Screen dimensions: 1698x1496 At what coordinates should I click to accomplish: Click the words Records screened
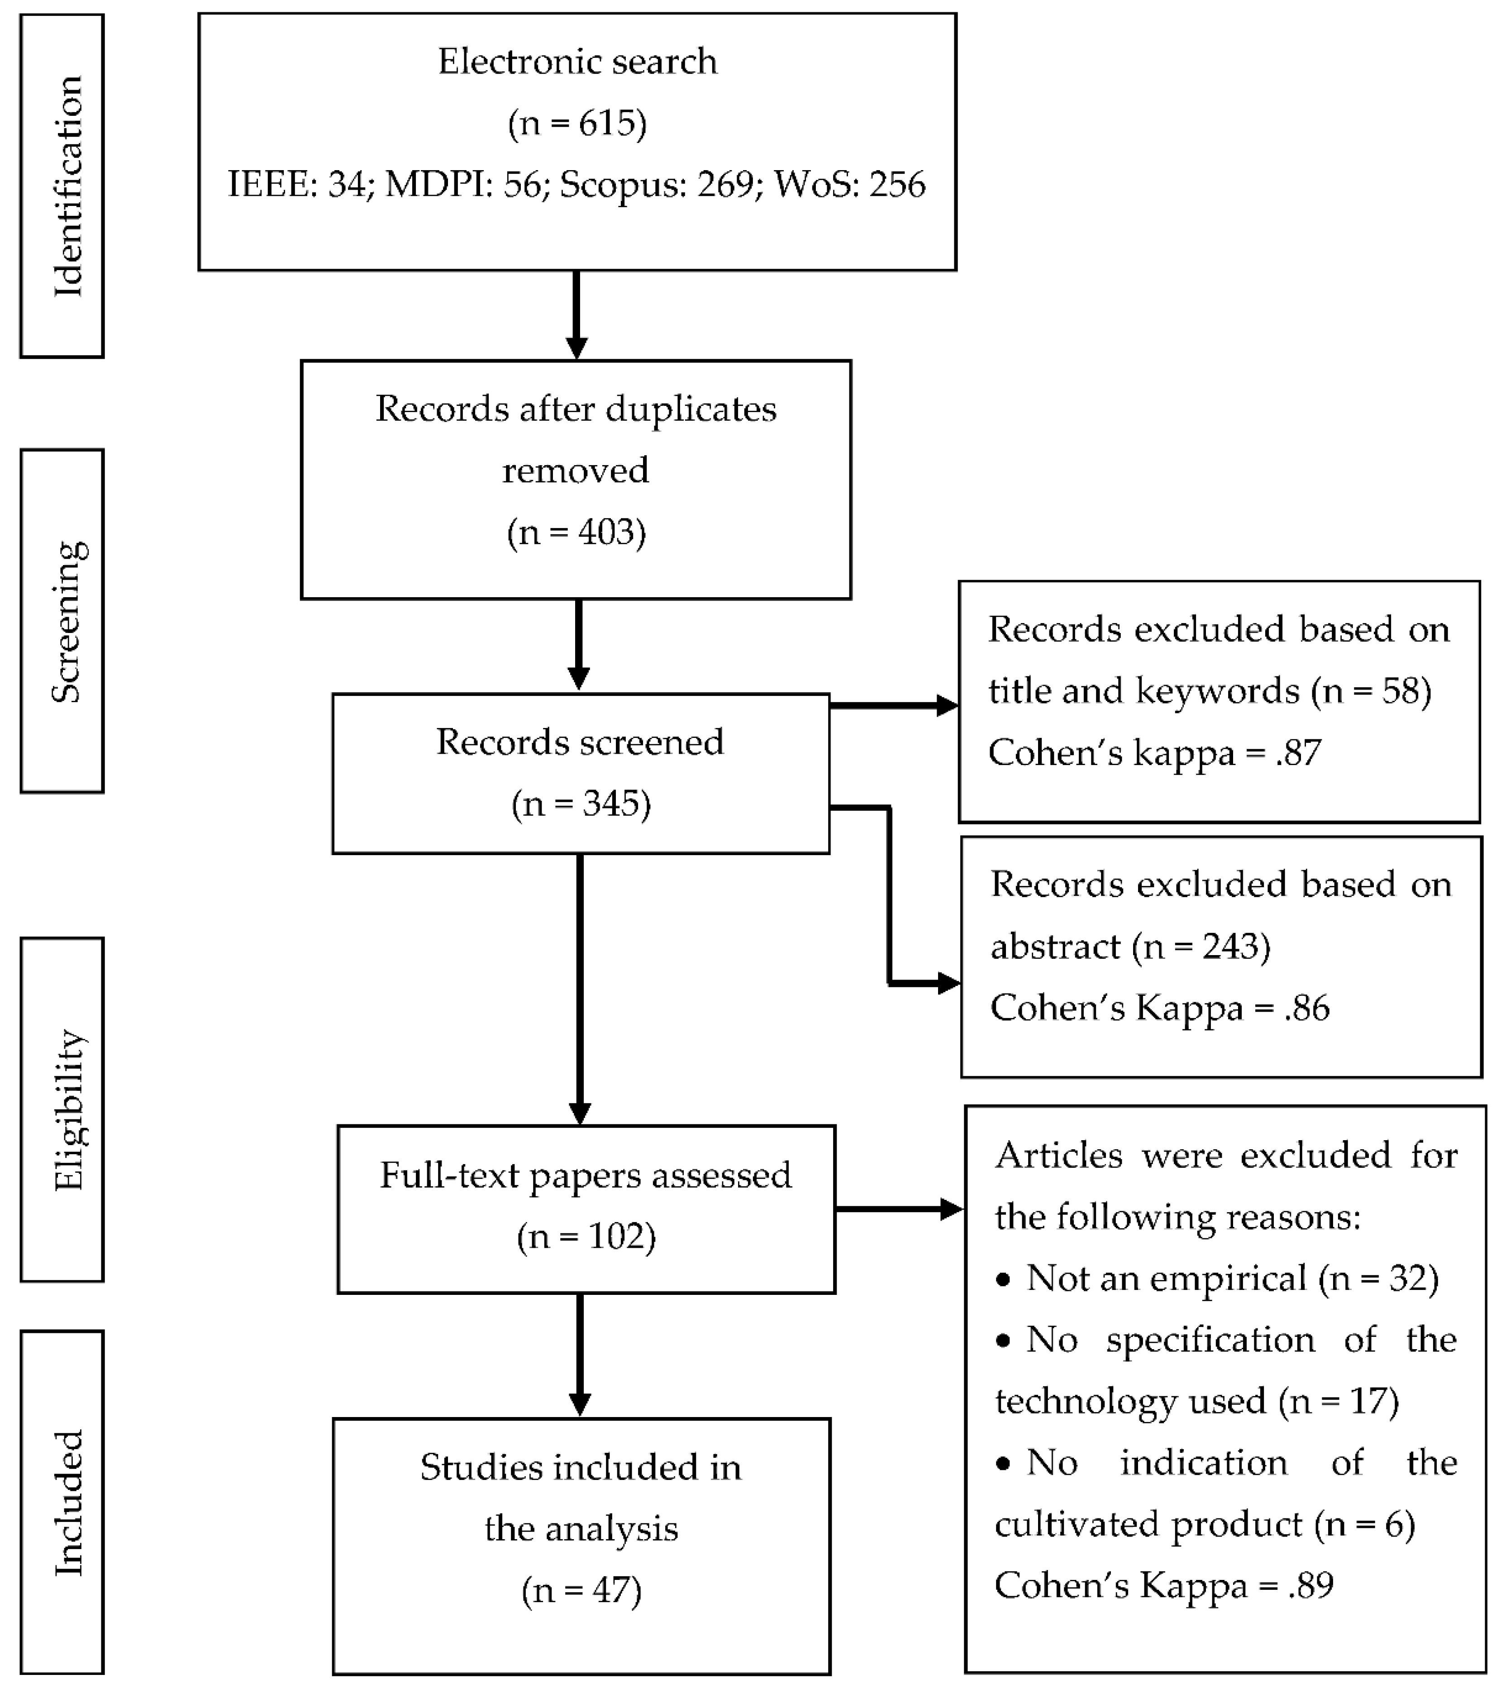click(x=580, y=742)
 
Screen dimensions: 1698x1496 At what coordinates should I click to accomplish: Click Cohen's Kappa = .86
click(x=1160, y=1008)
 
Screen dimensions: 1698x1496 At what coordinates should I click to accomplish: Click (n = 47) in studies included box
click(x=581, y=1590)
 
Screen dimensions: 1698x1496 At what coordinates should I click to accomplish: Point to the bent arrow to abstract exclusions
click(x=890, y=897)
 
